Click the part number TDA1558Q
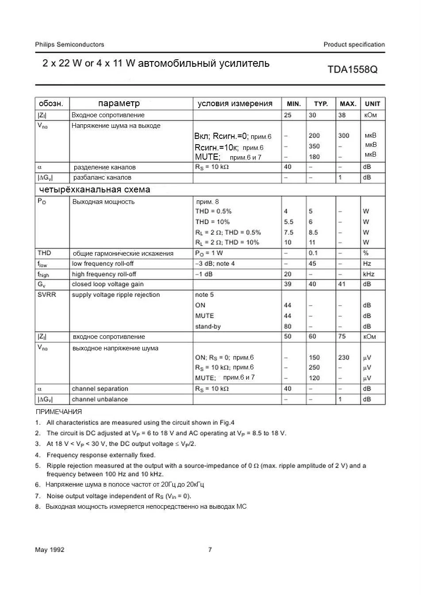(352, 69)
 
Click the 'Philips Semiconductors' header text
(69, 44)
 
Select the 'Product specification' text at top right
(354, 44)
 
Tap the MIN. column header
(294, 104)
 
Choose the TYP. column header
(321, 104)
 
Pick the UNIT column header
(372, 104)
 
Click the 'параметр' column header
(119, 104)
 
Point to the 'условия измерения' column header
(235, 104)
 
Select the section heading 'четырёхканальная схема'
(95, 189)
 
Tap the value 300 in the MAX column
(344, 136)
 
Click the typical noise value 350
(314, 146)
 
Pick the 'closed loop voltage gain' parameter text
(107, 284)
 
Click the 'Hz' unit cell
(367, 264)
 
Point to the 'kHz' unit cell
(368, 274)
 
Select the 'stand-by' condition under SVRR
(208, 326)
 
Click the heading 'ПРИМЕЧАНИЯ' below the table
(58, 411)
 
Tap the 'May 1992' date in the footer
(50, 549)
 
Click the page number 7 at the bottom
(210, 549)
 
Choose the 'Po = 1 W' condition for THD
(209, 253)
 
